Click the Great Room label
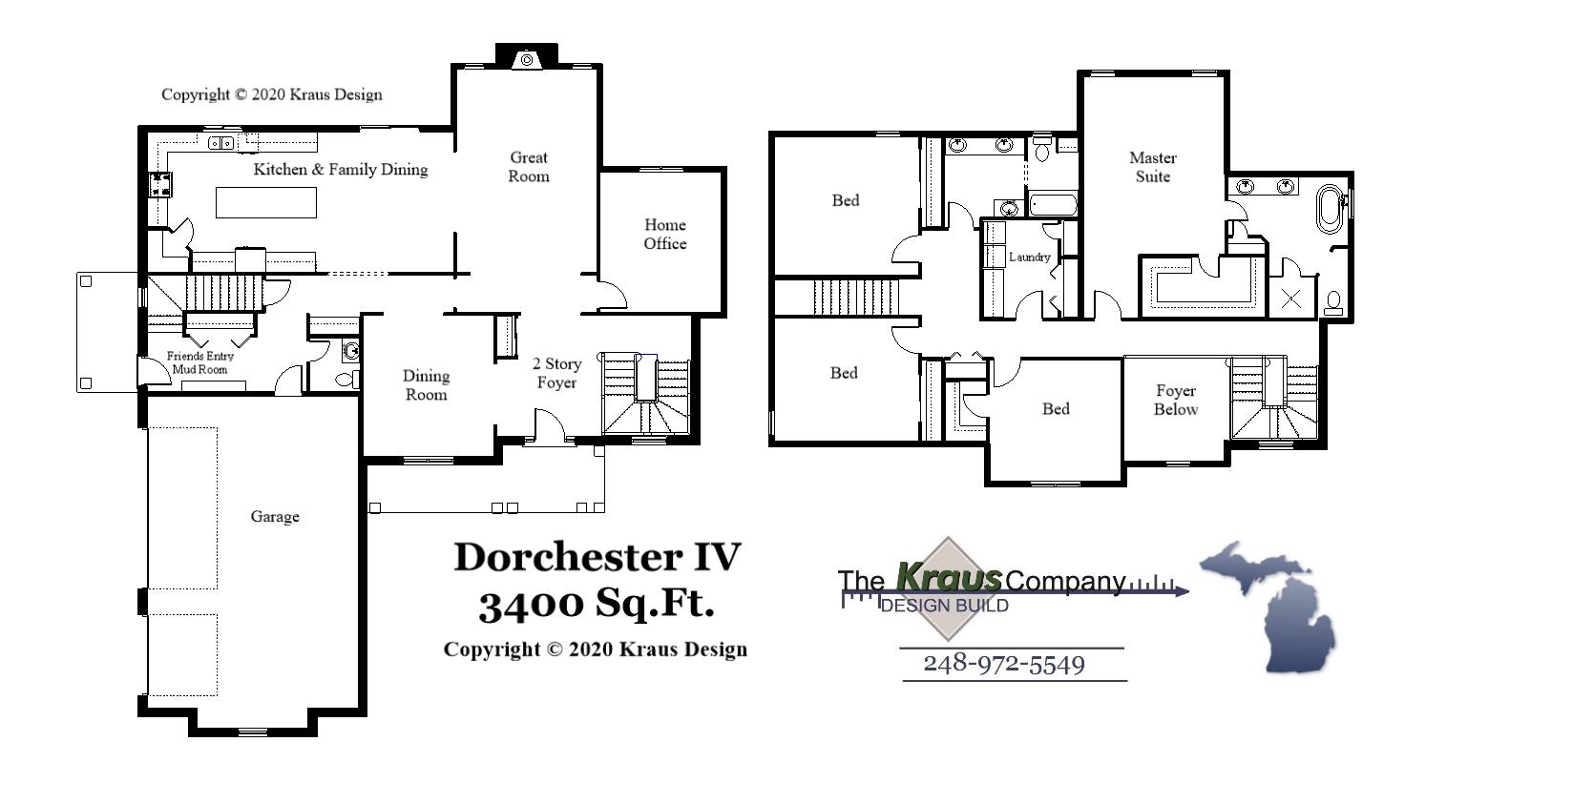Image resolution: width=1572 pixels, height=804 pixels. click(529, 167)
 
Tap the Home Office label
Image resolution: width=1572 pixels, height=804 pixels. click(664, 235)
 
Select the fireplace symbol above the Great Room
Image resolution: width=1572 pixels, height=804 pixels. click(526, 60)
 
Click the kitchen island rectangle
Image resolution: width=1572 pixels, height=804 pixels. click(266, 203)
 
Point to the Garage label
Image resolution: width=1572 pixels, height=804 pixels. click(275, 517)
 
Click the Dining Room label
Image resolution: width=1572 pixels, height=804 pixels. click(426, 385)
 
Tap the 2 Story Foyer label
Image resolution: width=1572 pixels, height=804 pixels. click(556, 373)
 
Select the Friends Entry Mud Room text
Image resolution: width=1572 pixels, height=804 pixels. click(200, 362)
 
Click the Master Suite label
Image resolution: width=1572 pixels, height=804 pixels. click(1152, 167)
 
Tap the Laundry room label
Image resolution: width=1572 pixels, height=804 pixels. click(1029, 257)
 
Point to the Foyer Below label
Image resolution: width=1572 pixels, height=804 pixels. click(1175, 400)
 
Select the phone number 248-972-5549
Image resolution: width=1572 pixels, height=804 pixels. click(1004, 664)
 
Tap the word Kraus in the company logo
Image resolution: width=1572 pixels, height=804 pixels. click(949, 577)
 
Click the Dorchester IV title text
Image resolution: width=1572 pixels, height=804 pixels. click(597, 557)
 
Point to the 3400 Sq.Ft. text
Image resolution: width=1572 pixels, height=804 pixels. click(597, 604)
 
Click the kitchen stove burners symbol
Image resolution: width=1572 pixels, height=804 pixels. click(158, 184)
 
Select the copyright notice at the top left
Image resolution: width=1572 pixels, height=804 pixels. click(271, 94)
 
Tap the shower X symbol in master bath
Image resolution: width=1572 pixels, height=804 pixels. click(1290, 299)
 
